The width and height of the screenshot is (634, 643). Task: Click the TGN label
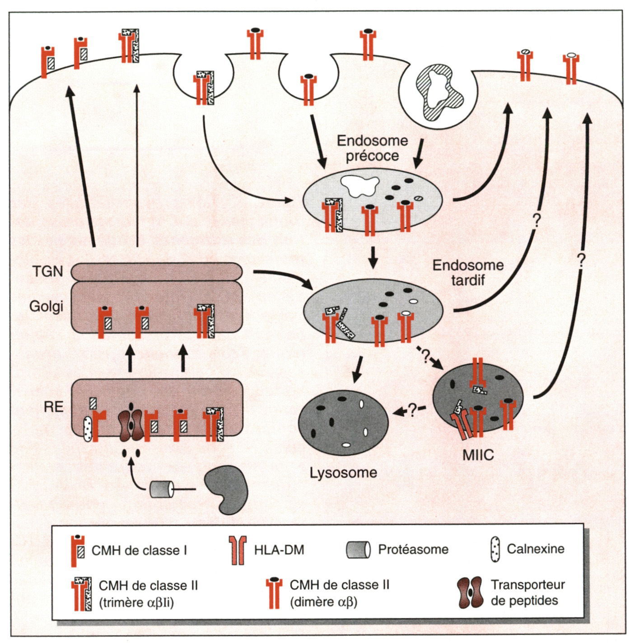tap(47, 271)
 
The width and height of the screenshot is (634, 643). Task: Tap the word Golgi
tap(46, 306)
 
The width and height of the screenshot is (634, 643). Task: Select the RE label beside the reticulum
tap(53, 407)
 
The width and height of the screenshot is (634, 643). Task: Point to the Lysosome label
tap(343, 473)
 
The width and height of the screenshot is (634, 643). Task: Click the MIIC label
tap(478, 455)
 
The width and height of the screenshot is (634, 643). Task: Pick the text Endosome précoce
tap(372, 148)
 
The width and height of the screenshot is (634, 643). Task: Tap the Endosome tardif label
tap(468, 272)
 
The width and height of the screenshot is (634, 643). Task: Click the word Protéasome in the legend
tap(413, 550)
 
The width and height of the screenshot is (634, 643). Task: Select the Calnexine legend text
tap(536, 549)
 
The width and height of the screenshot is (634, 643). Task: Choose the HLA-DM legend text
tap(279, 550)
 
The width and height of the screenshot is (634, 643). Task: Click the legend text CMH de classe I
tap(139, 550)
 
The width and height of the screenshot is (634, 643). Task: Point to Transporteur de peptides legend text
tap(527, 592)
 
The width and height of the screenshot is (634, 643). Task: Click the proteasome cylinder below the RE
tap(162, 489)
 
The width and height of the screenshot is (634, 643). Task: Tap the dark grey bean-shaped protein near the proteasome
tap(226, 489)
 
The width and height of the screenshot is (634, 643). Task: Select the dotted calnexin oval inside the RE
tap(88, 428)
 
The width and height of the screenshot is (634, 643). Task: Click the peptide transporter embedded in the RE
tap(131, 425)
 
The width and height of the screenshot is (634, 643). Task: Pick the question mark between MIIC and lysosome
tap(412, 410)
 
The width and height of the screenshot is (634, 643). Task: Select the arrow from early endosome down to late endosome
tap(373, 257)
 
